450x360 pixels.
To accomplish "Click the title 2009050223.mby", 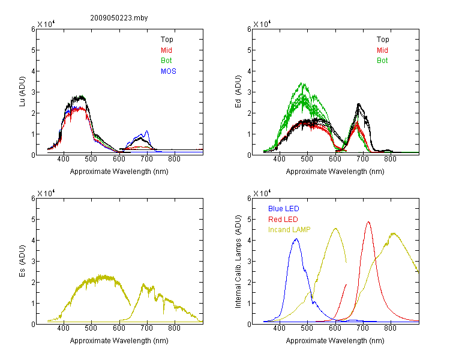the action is click(119, 18).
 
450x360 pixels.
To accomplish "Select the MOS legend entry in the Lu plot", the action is click(169, 71).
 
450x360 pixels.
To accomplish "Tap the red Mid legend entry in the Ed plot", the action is click(382, 50).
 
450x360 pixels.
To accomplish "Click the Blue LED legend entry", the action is click(284, 208).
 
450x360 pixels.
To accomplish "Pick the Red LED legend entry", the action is click(283, 220).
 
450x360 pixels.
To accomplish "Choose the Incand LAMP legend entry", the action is click(289, 230).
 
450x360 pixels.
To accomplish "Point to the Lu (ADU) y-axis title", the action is click(22, 91).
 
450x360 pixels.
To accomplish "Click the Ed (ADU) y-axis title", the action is click(238, 91).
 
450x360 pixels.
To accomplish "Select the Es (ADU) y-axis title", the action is click(22, 260).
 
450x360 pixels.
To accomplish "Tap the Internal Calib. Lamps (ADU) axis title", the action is click(238, 261).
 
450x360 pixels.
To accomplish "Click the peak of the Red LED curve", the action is click(368, 221).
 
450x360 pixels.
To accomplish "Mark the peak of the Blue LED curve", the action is click(296, 239).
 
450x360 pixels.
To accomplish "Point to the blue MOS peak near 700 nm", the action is click(147, 131).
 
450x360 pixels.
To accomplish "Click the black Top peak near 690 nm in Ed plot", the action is click(358, 104).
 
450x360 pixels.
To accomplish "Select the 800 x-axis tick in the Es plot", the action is click(175, 328).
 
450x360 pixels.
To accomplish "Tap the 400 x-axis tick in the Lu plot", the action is click(64, 159).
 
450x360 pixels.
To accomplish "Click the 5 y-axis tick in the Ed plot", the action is click(249, 50).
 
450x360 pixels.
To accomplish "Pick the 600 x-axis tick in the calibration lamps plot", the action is click(335, 328).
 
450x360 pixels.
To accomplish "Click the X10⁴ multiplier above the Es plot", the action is click(46, 193).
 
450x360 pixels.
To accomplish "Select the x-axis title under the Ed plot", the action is click(335, 172).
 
